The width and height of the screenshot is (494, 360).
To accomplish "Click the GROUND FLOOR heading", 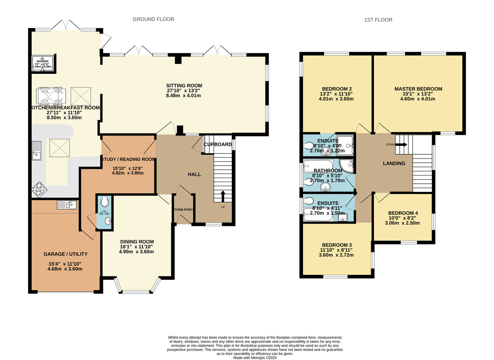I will (x=153, y=19).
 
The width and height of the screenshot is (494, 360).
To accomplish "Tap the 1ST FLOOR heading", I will (x=378, y=20).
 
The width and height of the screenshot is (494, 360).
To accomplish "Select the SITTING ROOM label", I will (x=184, y=86).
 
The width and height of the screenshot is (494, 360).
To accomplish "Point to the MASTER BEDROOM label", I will (x=418, y=89).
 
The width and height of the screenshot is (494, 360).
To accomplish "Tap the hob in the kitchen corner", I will (x=39, y=190).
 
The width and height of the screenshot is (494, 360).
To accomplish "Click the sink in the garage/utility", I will (x=66, y=205).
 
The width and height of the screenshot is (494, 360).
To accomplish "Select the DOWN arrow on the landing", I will (x=401, y=145).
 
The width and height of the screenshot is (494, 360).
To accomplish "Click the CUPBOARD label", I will (x=218, y=145).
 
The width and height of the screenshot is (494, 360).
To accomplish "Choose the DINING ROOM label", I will (x=137, y=242).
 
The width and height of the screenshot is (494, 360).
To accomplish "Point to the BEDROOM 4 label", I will (x=403, y=213).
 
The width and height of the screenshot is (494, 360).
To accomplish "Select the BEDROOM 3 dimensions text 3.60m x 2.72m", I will (x=336, y=255).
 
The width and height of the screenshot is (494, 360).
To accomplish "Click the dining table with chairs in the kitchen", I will (x=51, y=96).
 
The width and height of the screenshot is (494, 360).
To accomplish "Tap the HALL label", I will (x=194, y=175).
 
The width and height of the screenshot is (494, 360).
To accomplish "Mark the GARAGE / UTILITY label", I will (x=65, y=254).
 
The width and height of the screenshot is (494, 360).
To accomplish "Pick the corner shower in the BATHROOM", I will (x=347, y=166).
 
